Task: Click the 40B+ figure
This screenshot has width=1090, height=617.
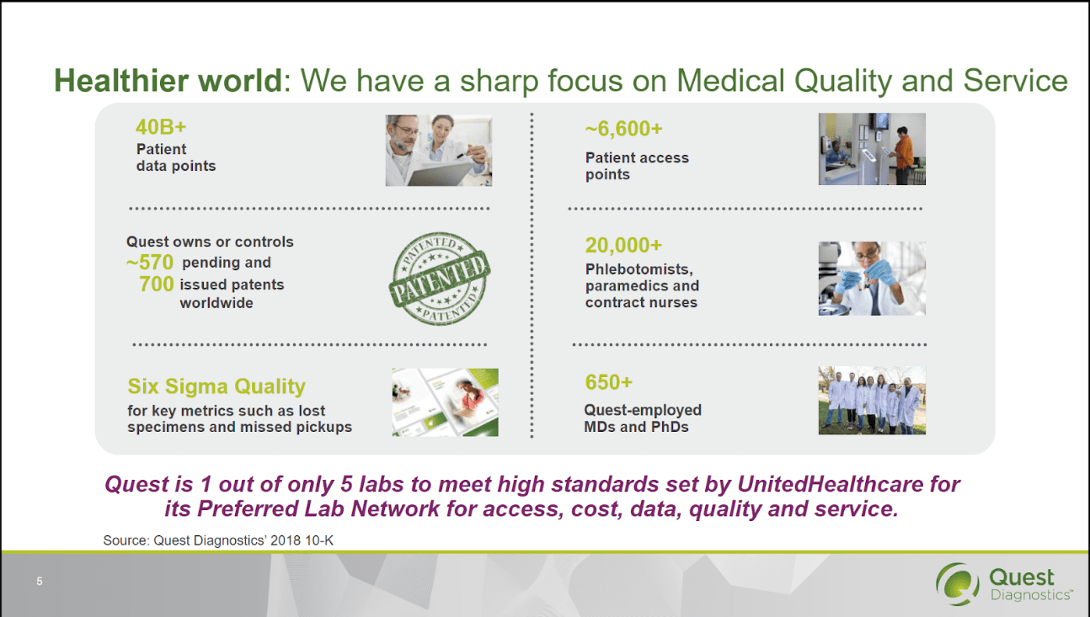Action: [161, 127]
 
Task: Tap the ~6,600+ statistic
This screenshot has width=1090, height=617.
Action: [623, 129]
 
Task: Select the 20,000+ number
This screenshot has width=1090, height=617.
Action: [623, 245]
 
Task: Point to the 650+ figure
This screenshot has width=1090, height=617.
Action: [608, 382]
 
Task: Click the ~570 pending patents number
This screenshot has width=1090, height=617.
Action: [152, 263]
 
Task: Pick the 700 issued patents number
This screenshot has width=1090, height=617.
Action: [157, 285]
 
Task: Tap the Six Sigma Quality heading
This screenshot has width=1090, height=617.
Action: [216, 386]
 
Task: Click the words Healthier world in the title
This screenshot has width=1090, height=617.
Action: [168, 81]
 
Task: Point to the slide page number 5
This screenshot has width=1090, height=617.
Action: [39, 582]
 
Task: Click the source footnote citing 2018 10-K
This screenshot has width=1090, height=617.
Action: [218, 540]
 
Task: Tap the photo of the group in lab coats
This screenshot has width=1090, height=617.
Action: [871, 401]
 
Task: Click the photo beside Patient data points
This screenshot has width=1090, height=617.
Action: [438, 150]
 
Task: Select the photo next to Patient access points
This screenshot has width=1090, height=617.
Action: [871, 149]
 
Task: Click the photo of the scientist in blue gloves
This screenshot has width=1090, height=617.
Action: [871, 279]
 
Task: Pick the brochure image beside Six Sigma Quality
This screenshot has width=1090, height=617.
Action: [445, 402]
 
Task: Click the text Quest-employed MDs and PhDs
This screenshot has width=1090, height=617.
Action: [643, 418]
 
